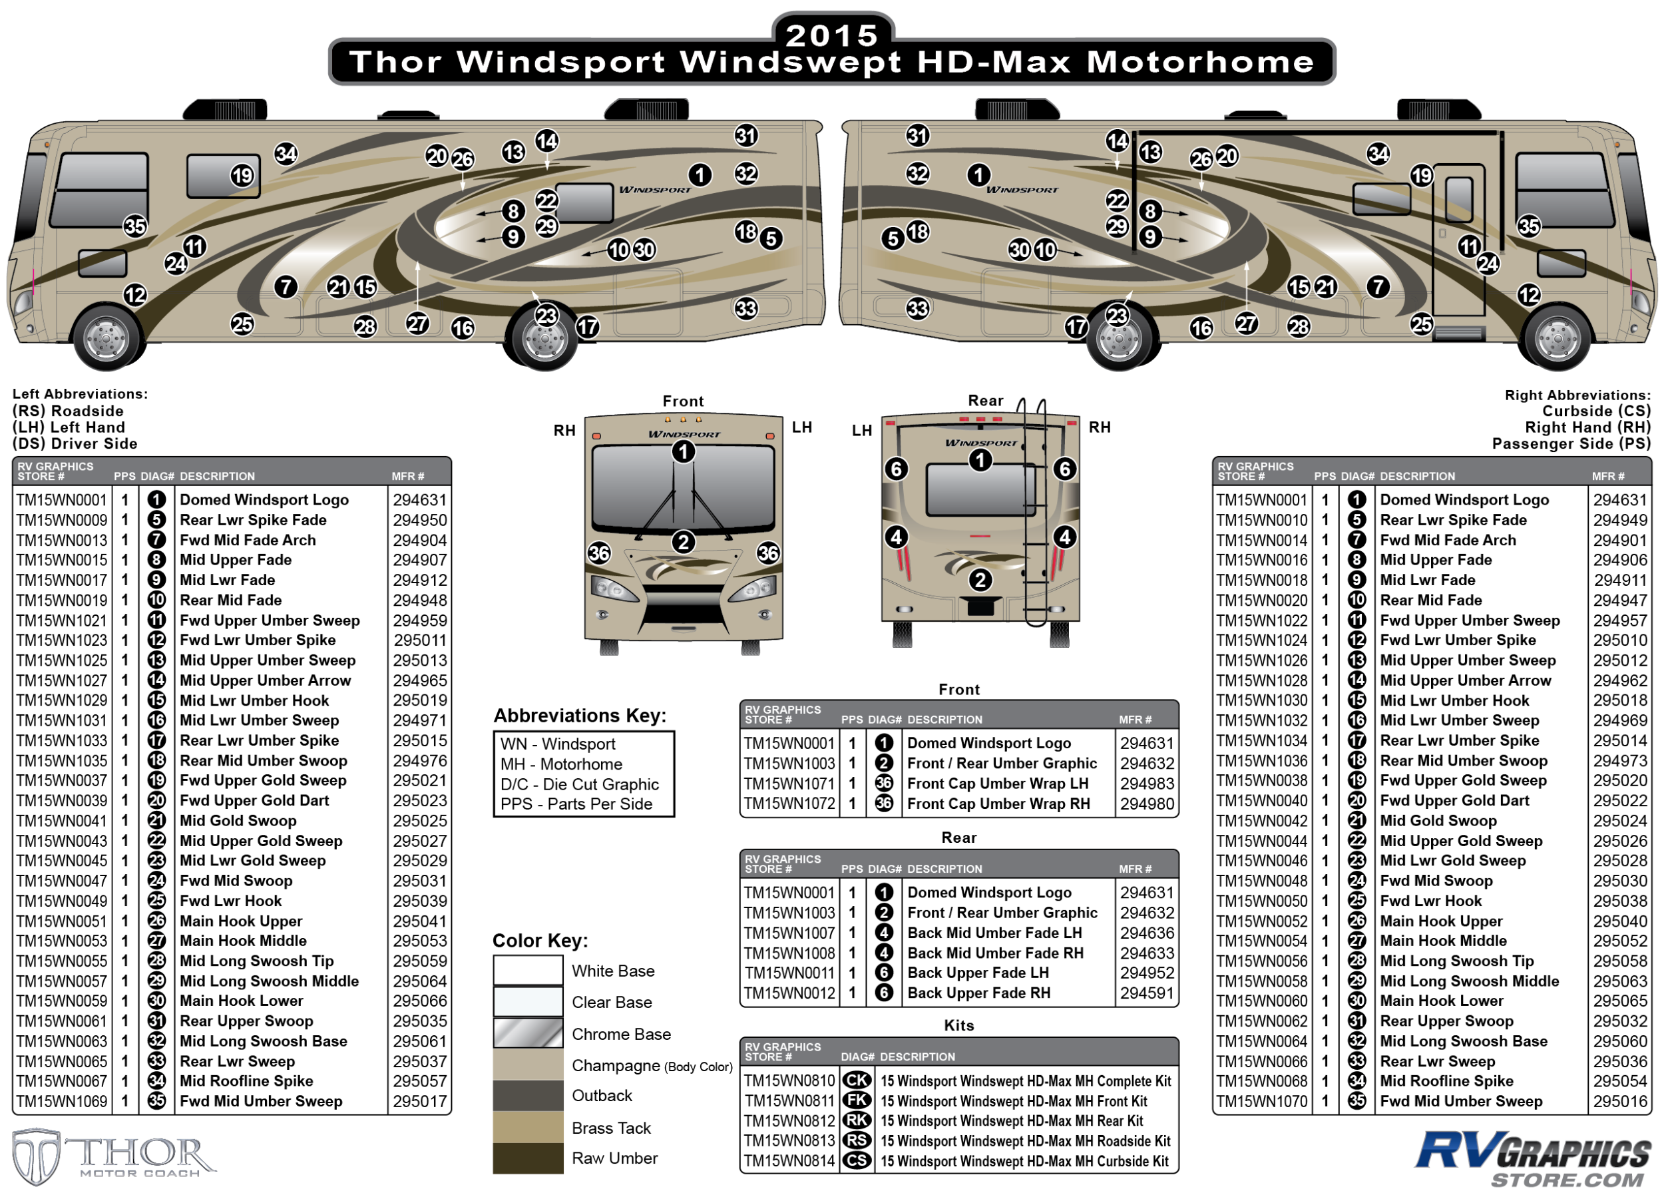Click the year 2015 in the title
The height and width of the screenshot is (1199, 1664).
pos(832,35)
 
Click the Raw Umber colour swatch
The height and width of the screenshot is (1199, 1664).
pos(528,1158)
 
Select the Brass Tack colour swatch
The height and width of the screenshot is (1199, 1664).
pos(528,1127)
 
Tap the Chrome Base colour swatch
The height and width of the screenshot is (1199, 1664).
pos(528,1033)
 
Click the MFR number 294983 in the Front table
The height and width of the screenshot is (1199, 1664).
pos(1147,784)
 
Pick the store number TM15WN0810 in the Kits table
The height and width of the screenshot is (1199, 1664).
pos(789,1081)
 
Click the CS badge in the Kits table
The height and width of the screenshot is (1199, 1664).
pos(857,1161)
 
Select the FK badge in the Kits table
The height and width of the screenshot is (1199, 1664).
pos(857,1100)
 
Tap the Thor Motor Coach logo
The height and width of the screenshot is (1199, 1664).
pos(114,1156)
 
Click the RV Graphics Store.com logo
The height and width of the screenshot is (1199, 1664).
pos(1534,1158)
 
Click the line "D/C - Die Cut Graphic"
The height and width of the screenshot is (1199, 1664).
pos(580,784)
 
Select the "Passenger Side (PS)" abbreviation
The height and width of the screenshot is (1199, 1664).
pos(1571,443)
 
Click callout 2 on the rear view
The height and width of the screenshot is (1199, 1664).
pos(980,581)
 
